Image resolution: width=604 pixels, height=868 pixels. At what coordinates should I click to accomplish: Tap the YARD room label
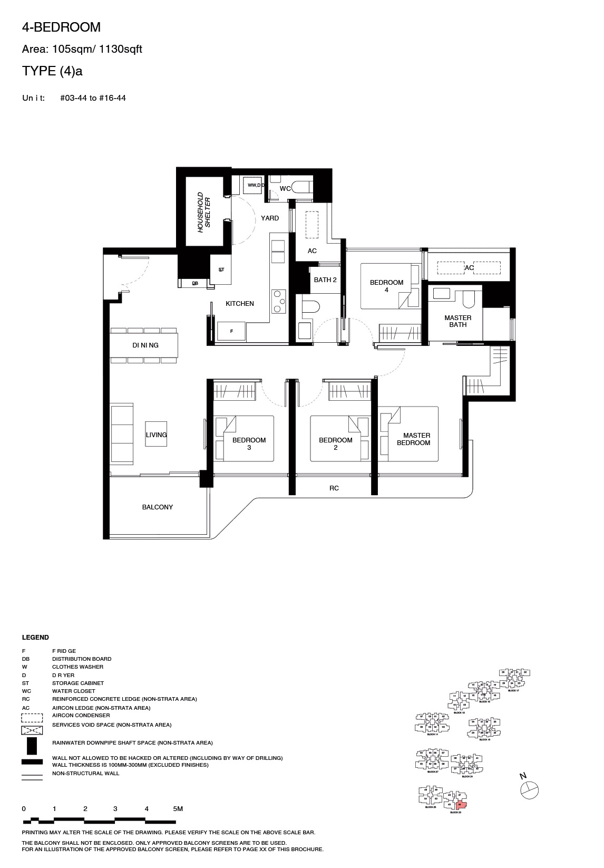pyautogui.click(x=270, y=218)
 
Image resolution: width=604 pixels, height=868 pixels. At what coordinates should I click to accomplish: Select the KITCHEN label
pyautogui.click(x=240, y=304)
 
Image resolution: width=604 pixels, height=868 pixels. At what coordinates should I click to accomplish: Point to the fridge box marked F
pyautogui.click(x=231, y=331)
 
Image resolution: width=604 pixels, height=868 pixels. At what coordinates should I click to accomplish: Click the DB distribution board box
pyautogui.click(x=195, y=284)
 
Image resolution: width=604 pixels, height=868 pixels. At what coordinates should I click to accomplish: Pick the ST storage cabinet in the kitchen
pyautogui.click(x=221, y=269)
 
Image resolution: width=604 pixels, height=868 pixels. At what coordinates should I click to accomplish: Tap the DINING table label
pyautogui.click(x=145, y=345)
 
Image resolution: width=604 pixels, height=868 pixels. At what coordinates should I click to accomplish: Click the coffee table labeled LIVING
pyautogui.click(x=156, y=435)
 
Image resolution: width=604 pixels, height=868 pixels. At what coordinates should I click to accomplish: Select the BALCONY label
pyautogui.click(x=157, y=507)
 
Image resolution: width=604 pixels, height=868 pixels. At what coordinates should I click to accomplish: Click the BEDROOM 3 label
pyautogui.click(x=249, y=443)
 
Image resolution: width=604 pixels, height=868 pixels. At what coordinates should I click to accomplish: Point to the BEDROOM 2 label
pyautogui.click(x=335, y=443)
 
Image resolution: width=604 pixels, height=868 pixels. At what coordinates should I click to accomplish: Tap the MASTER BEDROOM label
pyautogui.click(x=414, y=439)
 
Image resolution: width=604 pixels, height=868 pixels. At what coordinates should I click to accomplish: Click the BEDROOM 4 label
pyautogui.click(x=386, y=286)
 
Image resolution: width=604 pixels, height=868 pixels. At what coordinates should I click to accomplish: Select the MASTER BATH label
pyautogui.click(x=457, y=321)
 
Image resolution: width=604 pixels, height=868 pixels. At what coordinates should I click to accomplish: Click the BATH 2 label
pyautogui.click(x=325, y=280)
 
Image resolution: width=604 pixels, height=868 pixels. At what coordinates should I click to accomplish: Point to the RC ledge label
pyautogui.click(x=334, y=488)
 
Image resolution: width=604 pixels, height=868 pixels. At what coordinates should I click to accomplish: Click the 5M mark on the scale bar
pyautogui.click(x=178, y=808)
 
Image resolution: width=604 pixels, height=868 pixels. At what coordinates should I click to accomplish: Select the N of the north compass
pyautogui.click(x=523, y=776)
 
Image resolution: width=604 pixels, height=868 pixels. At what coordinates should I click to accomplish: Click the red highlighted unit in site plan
pyautogui.click(x=461, y=805)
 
